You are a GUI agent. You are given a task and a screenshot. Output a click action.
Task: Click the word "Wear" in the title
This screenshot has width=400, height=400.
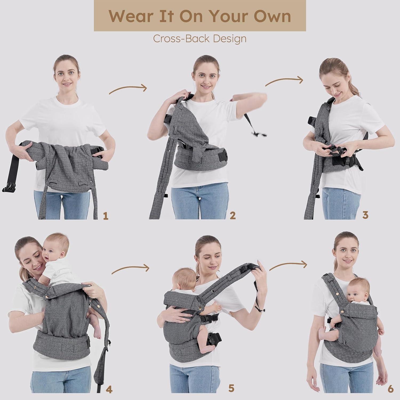pos(130,16)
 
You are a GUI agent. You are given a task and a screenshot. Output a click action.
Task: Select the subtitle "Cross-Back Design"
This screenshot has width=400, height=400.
pos(200,39)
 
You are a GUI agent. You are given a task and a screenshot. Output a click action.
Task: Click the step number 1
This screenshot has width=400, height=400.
pos(106,215)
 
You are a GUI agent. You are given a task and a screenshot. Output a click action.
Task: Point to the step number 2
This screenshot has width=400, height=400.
pos(233,215)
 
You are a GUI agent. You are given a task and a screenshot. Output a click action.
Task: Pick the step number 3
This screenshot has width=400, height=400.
pos(365,215)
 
